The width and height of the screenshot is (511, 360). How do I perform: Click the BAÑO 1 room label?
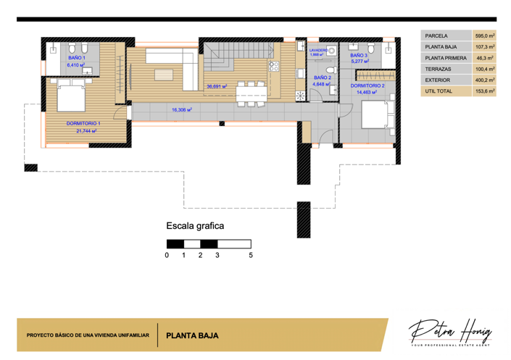click(x=76, y=57)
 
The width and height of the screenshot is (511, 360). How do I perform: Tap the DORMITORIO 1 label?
click(x=83, y=124)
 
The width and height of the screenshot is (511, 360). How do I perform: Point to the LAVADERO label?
click(x=319, y=50)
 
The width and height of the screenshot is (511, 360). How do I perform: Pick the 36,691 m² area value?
click(x=216, y=86)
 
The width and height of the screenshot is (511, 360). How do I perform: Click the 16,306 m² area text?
click(x=181, y=110)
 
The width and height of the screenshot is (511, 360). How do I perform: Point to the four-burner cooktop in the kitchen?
click(x=274, y=65)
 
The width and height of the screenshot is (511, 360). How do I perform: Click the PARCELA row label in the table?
click(x=436, y=35)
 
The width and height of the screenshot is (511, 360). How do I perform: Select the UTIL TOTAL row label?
click(x=439, y=91)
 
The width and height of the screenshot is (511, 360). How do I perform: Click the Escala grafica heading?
click(x=195, y=226)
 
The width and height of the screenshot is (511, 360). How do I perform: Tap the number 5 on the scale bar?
click(x=251, y=256)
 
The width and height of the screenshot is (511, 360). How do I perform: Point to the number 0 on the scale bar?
click(x=167, y=256)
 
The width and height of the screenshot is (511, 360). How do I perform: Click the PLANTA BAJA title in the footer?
click(x=192, y=336)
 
